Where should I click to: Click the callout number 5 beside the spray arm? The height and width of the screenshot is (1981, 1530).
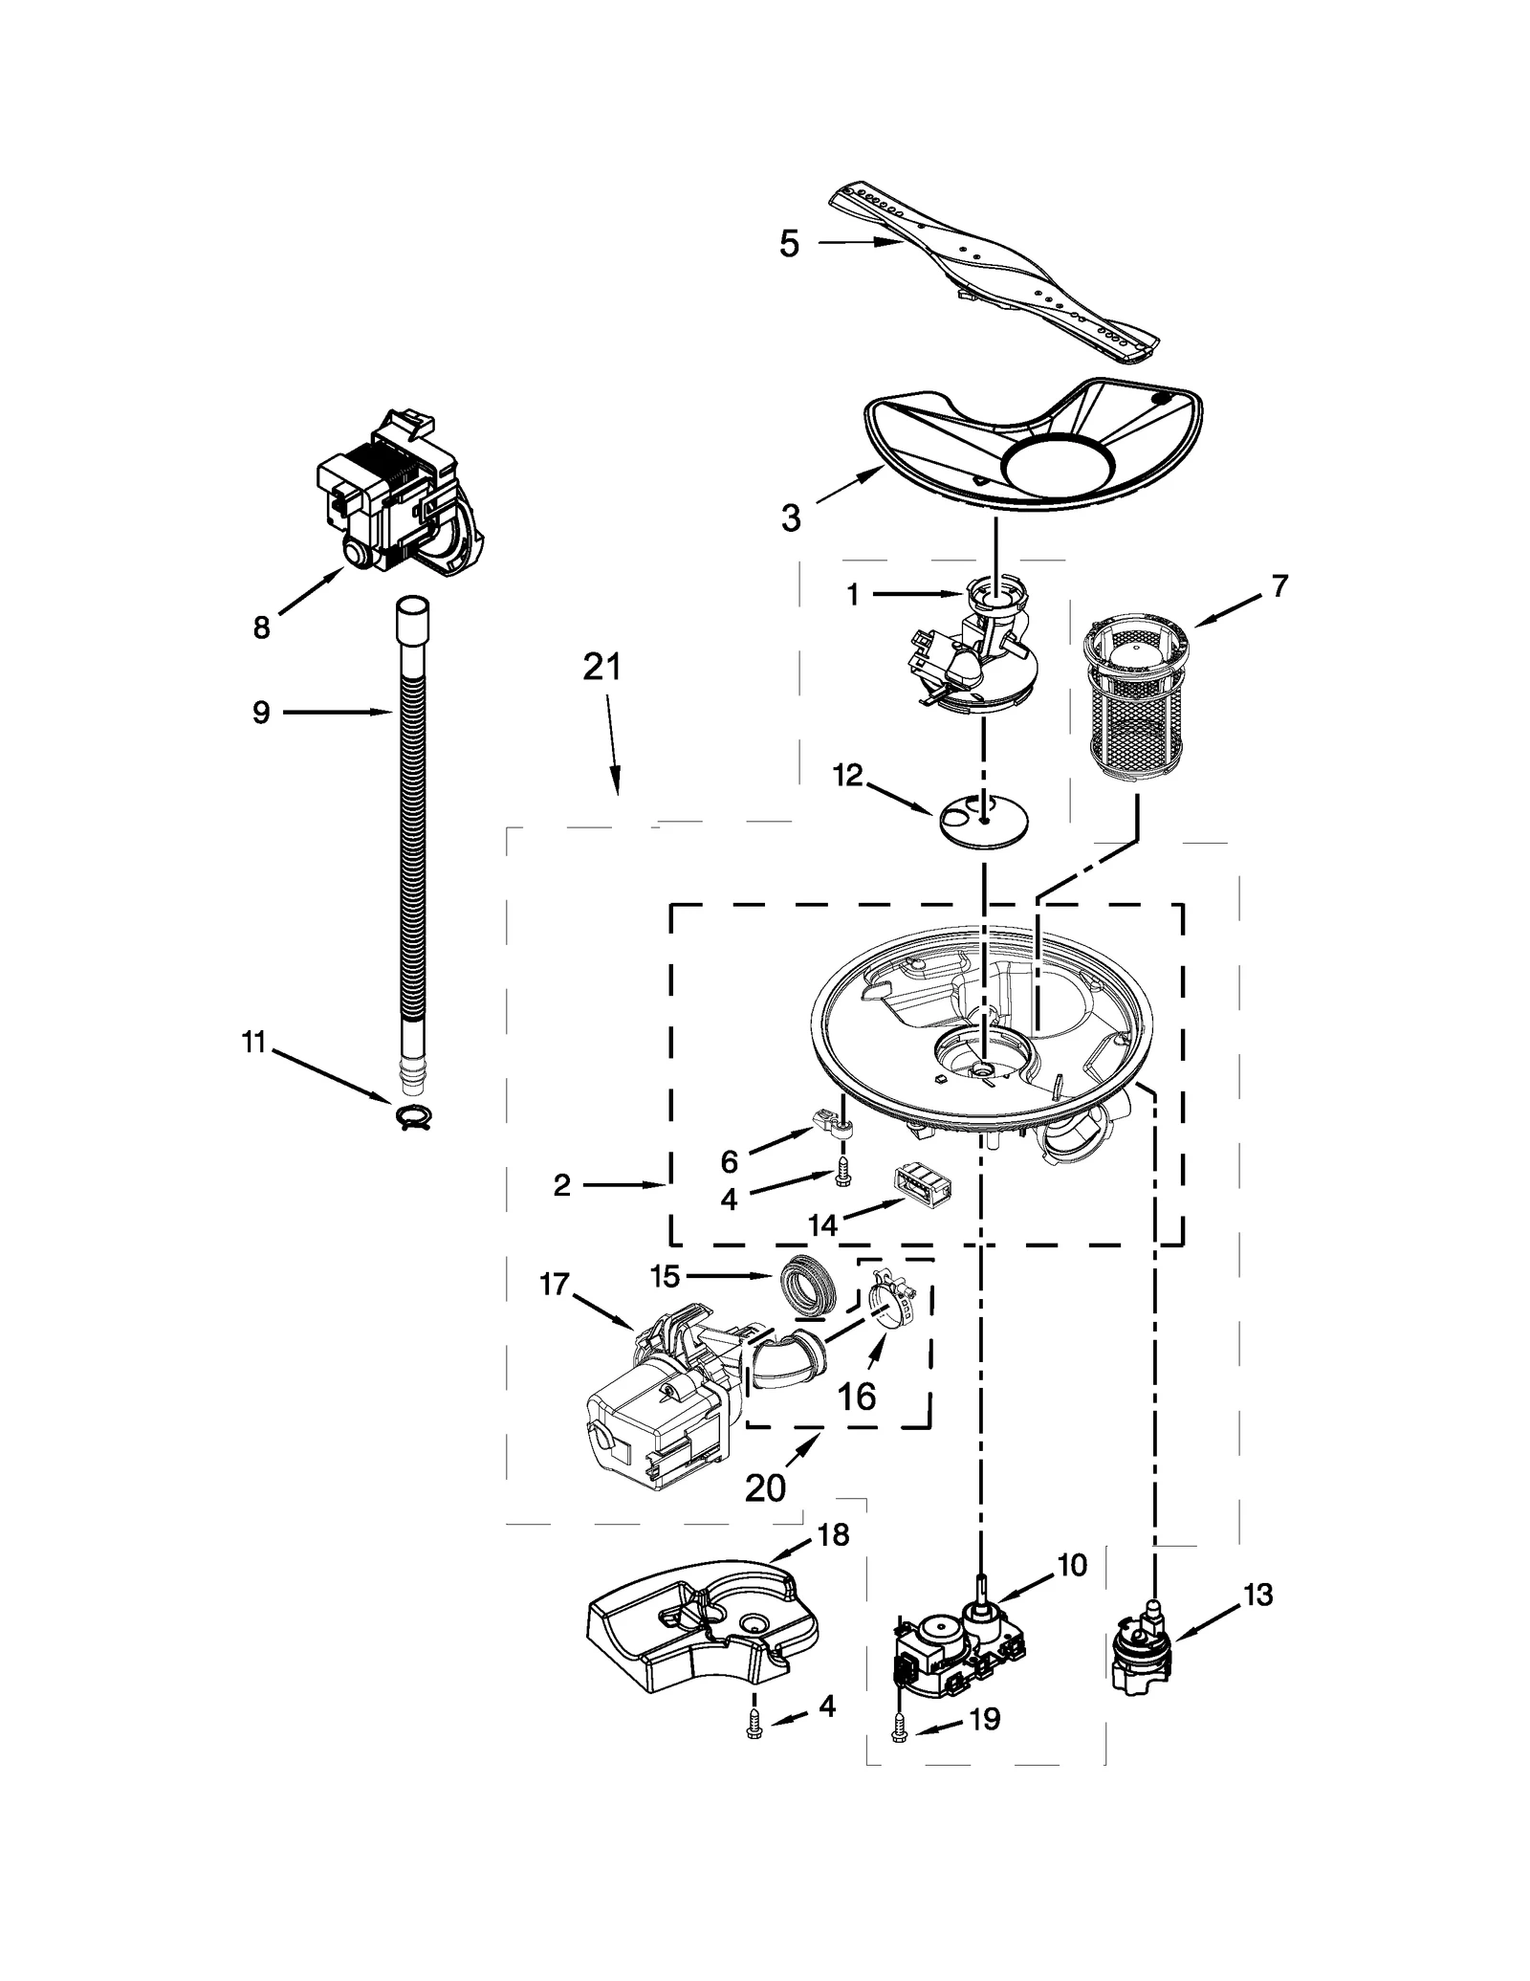click(x=788, y=244)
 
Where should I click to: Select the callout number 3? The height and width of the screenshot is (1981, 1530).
click(x=790, y=517)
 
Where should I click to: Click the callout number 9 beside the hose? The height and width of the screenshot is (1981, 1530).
click(x=261, y=713)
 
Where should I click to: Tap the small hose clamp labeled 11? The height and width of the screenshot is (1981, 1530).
click(x=412, y=1112)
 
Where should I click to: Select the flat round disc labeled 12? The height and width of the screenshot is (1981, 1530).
click(x=985, y=820)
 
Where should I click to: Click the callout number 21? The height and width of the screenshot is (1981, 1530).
click(x=602, y=667)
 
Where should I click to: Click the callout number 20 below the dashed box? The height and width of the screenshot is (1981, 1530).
click(x=765, y=1486)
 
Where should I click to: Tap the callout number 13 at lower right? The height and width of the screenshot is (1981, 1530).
click(x=1258, y=1595)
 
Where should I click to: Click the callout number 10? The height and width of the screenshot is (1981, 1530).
click(x=1072, y=1565)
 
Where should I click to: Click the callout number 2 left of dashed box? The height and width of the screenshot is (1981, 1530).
click(x=561, y=1185)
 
